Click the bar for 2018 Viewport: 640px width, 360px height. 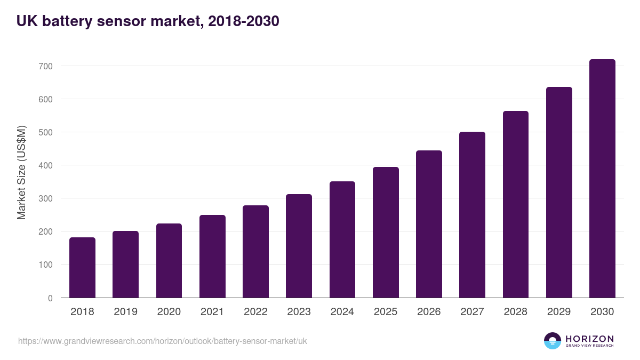tap(82, 268)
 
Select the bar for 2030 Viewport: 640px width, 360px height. tap(602, 179)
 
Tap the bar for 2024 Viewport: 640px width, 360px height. tap(342, 239)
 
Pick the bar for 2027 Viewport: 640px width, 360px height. tap(472, 215)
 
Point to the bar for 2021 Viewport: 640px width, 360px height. tap(212, 257)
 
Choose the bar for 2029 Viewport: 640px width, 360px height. tap(559, 193)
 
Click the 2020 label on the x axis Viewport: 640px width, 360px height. tap(169, 312)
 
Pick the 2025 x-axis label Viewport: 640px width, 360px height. tap(386, 312)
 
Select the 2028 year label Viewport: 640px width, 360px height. tap(516, 312)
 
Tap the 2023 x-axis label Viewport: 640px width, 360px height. tap(299, 312)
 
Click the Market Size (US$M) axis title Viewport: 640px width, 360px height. tap(21, 173)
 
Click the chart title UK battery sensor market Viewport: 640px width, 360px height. tap(148, 21)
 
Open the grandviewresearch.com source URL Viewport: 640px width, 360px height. tap(163, 341)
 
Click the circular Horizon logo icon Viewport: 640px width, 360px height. tap(553, 341)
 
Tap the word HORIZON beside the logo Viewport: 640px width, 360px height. tap(589, 339)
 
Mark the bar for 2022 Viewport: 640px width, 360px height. tap(255, 252)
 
